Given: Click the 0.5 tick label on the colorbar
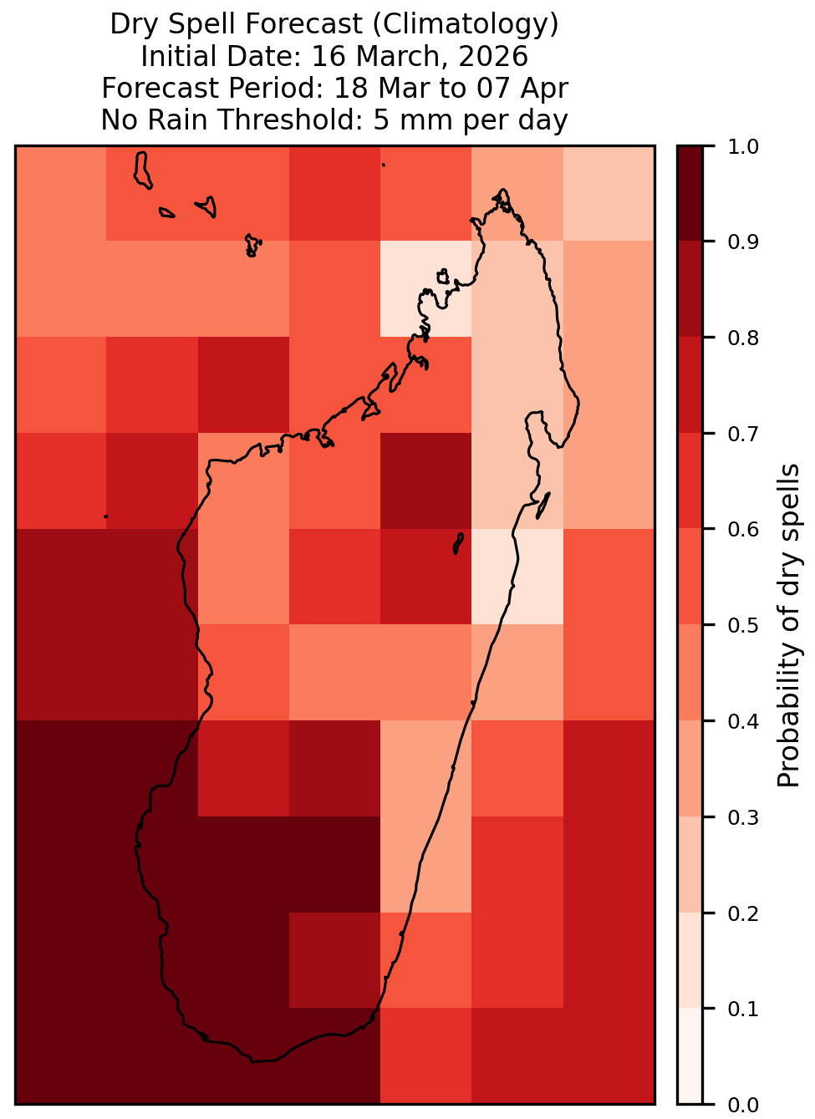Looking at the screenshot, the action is click(x=742, y=625).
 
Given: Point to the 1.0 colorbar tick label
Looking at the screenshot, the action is click(x=742, y=147).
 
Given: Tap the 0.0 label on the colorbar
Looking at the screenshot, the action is click(x=742, y=1105).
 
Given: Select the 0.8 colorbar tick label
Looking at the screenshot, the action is click(x=742, y=338).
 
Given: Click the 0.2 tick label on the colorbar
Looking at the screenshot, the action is click(x=742, y=913).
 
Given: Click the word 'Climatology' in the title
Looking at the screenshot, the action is click(x=466, y=24).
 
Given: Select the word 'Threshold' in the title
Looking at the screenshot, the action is click(x=290, y=120).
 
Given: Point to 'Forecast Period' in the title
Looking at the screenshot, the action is click(x=213, y=88).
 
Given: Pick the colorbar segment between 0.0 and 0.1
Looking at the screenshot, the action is click(x=690, y=1055).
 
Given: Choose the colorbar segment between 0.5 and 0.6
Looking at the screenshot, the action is click(x=690, y=577).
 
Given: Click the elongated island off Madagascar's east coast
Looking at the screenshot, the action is click(x=543, y=506).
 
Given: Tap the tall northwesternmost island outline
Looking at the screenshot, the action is click(x=142, y=170).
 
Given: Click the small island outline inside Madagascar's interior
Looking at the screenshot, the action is click(x=458, y=543).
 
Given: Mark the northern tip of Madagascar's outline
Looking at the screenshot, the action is click(x=502, y=190).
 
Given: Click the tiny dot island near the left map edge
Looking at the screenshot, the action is click(x=105, y=516).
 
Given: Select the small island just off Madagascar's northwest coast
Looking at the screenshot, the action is click(x=442, y=277).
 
